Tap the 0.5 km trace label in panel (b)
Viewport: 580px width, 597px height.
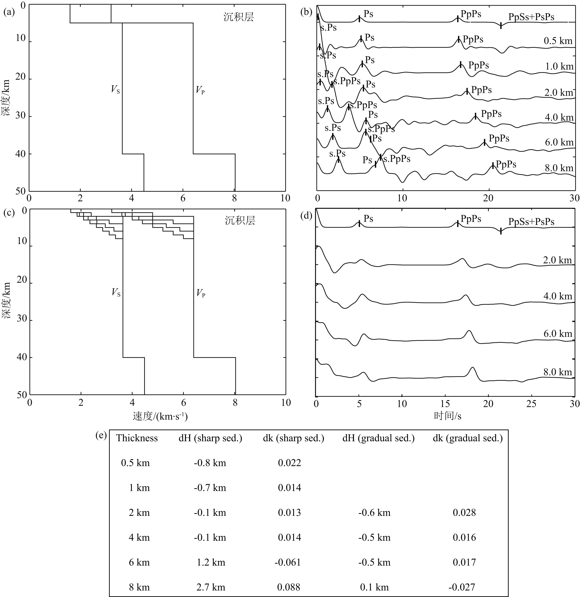pyautogui.click(x=558, y=41)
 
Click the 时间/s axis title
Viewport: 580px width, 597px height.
pyautogui.click(x=447, y=416)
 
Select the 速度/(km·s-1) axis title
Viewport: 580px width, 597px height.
pyautogui.click(x=160, y=416)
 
